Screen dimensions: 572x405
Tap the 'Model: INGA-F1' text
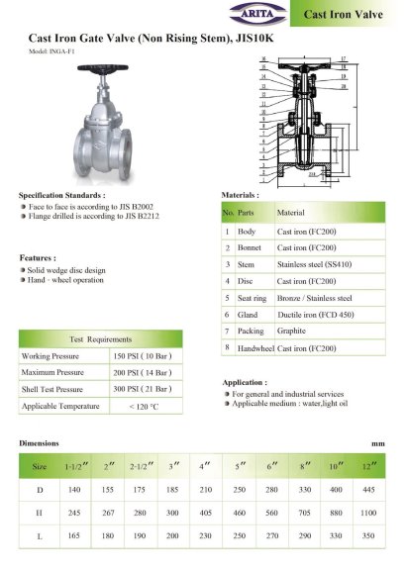pos(51,50)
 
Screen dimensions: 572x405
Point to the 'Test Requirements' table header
pos(100,338)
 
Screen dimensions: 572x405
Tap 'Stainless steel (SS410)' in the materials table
pos(314,264)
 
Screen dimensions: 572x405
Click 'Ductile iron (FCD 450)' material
pos(315,314)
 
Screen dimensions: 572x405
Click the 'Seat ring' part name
pos(253,297)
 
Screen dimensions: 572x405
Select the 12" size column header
pos(368,465)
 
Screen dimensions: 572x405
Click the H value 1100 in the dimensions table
pos(368,513)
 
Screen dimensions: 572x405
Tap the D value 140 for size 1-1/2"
pos(73,490)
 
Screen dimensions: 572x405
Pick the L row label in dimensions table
pos(40,535)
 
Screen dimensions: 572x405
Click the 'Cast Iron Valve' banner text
pos(344,15)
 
